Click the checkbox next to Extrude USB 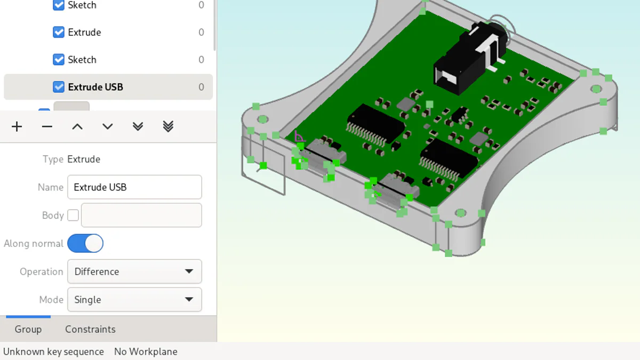[x=59, y=87]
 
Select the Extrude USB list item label [x=95, y=87]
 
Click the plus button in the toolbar [x=17, y=126]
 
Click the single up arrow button [x=77, y=126]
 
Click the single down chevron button [x=108, y=126]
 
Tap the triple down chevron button [x=168, y=126]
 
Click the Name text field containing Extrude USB [x=134, y=187]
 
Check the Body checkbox [x=73, y=215]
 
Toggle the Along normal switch [x=85, y=244]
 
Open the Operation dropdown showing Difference [x=134, y=271]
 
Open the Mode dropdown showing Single [x=134, y=300]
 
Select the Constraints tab [x=90, y=329]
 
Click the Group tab [x=28, y=329]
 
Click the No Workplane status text [x=146, y=351]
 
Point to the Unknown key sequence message [x=53, y=351]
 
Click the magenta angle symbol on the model [x=299, y=136]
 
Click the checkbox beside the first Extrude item [x=59, y=32]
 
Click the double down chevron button [x=138, y=126]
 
